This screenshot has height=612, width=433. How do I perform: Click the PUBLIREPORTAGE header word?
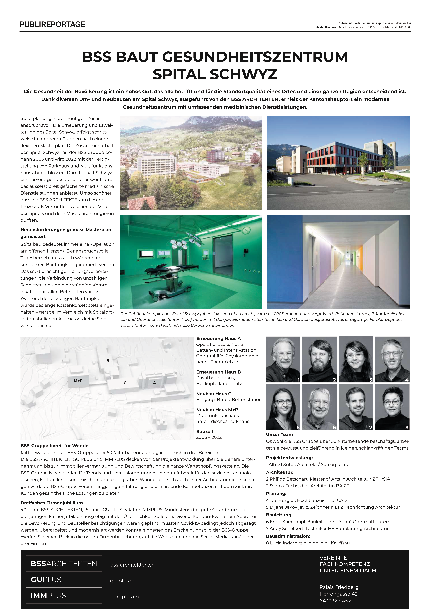click(53, 25)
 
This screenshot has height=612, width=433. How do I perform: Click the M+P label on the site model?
click(78, 381)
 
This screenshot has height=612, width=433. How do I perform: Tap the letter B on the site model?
click(108, 361)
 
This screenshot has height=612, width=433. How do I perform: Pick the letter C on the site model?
click(125, 383)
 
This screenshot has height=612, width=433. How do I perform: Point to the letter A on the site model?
click(154, 383)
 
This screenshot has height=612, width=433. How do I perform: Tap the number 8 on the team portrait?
click(407, 427)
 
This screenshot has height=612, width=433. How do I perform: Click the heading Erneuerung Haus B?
click(218, 372)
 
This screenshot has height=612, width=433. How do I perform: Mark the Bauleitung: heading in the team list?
click(279, 515)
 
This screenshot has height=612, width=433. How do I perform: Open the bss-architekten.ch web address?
click(132, 565)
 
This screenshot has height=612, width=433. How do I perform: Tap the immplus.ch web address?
click(124, 597)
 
